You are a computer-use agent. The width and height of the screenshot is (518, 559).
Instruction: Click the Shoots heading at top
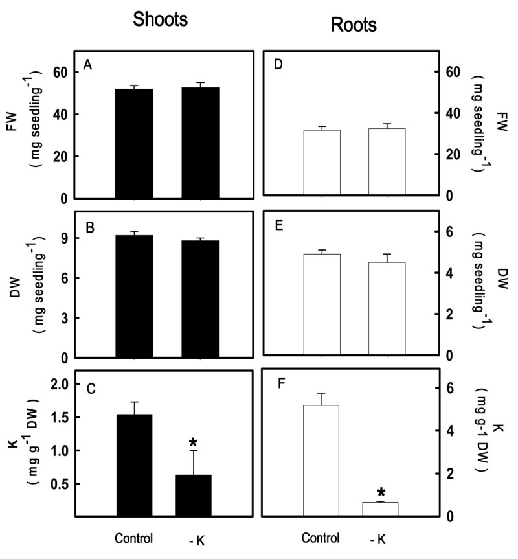tap(160, 19)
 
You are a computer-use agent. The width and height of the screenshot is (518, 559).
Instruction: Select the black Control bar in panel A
tap(134, 143)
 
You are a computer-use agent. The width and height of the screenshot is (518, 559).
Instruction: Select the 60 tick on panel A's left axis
tap(60, 72)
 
